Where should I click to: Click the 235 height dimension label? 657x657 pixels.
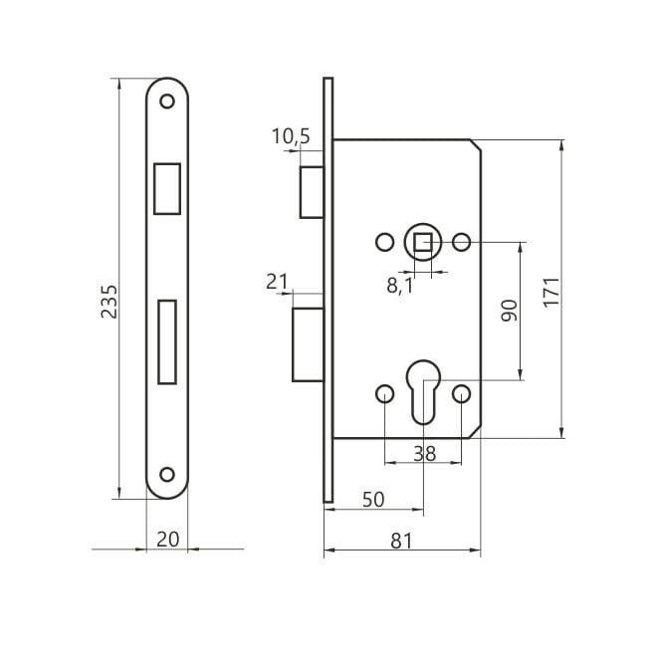109,302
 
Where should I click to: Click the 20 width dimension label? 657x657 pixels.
167,540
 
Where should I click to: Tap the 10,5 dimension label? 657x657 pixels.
291,136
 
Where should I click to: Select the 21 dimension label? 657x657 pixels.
277,282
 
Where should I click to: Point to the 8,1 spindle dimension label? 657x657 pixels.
400,286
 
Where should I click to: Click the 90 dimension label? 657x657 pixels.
510,311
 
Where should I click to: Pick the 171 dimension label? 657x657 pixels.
551,293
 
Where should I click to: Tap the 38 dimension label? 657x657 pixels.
424,453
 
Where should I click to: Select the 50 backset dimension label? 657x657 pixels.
373,500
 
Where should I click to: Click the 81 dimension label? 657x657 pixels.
401,541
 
